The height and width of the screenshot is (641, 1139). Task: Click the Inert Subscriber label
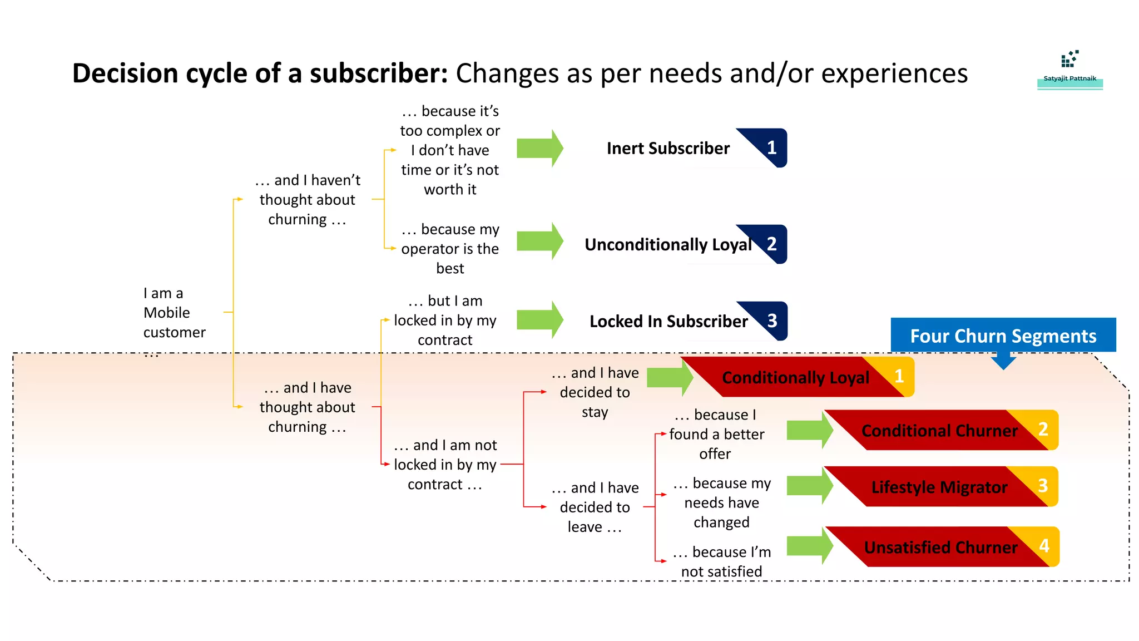pos(668,149)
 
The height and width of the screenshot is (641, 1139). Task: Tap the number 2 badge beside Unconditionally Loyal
pos(771,244)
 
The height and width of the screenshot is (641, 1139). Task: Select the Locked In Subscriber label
pos(668,322)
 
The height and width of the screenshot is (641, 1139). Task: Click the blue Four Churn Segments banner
pos(1003,336)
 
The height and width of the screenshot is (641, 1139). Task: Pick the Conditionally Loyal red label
pos(795,378)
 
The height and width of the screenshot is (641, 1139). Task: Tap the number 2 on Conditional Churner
pos(1043,429)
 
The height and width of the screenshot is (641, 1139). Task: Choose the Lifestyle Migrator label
pos(939,487)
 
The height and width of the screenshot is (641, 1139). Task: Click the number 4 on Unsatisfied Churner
pos(1044,546)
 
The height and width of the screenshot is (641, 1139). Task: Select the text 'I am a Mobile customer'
pos(174,313)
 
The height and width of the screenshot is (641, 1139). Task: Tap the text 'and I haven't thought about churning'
pos(308,200)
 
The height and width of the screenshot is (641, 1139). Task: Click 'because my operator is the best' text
pos(450,249)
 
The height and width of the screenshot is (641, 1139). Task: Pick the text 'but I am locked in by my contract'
pos(445,320)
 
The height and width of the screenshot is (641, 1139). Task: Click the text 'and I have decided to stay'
pos(595,392)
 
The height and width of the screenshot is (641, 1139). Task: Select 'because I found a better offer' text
pos(716,434)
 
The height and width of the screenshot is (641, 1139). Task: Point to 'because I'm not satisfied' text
pos(721,561)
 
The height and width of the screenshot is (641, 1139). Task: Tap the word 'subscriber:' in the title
pos(379,73)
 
